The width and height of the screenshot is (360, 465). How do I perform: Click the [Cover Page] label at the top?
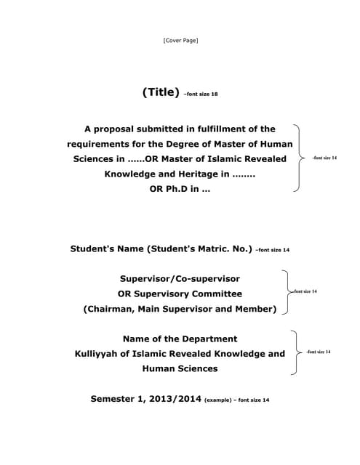(180, 40)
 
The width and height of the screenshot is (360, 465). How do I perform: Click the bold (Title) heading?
(161, 92)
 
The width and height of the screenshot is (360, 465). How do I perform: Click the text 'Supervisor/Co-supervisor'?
(180, 278)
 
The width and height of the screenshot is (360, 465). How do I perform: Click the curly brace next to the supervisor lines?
(286, 292)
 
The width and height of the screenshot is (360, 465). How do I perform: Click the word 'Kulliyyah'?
(103, 354)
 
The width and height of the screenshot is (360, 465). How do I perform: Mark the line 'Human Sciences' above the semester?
(180, 369)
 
